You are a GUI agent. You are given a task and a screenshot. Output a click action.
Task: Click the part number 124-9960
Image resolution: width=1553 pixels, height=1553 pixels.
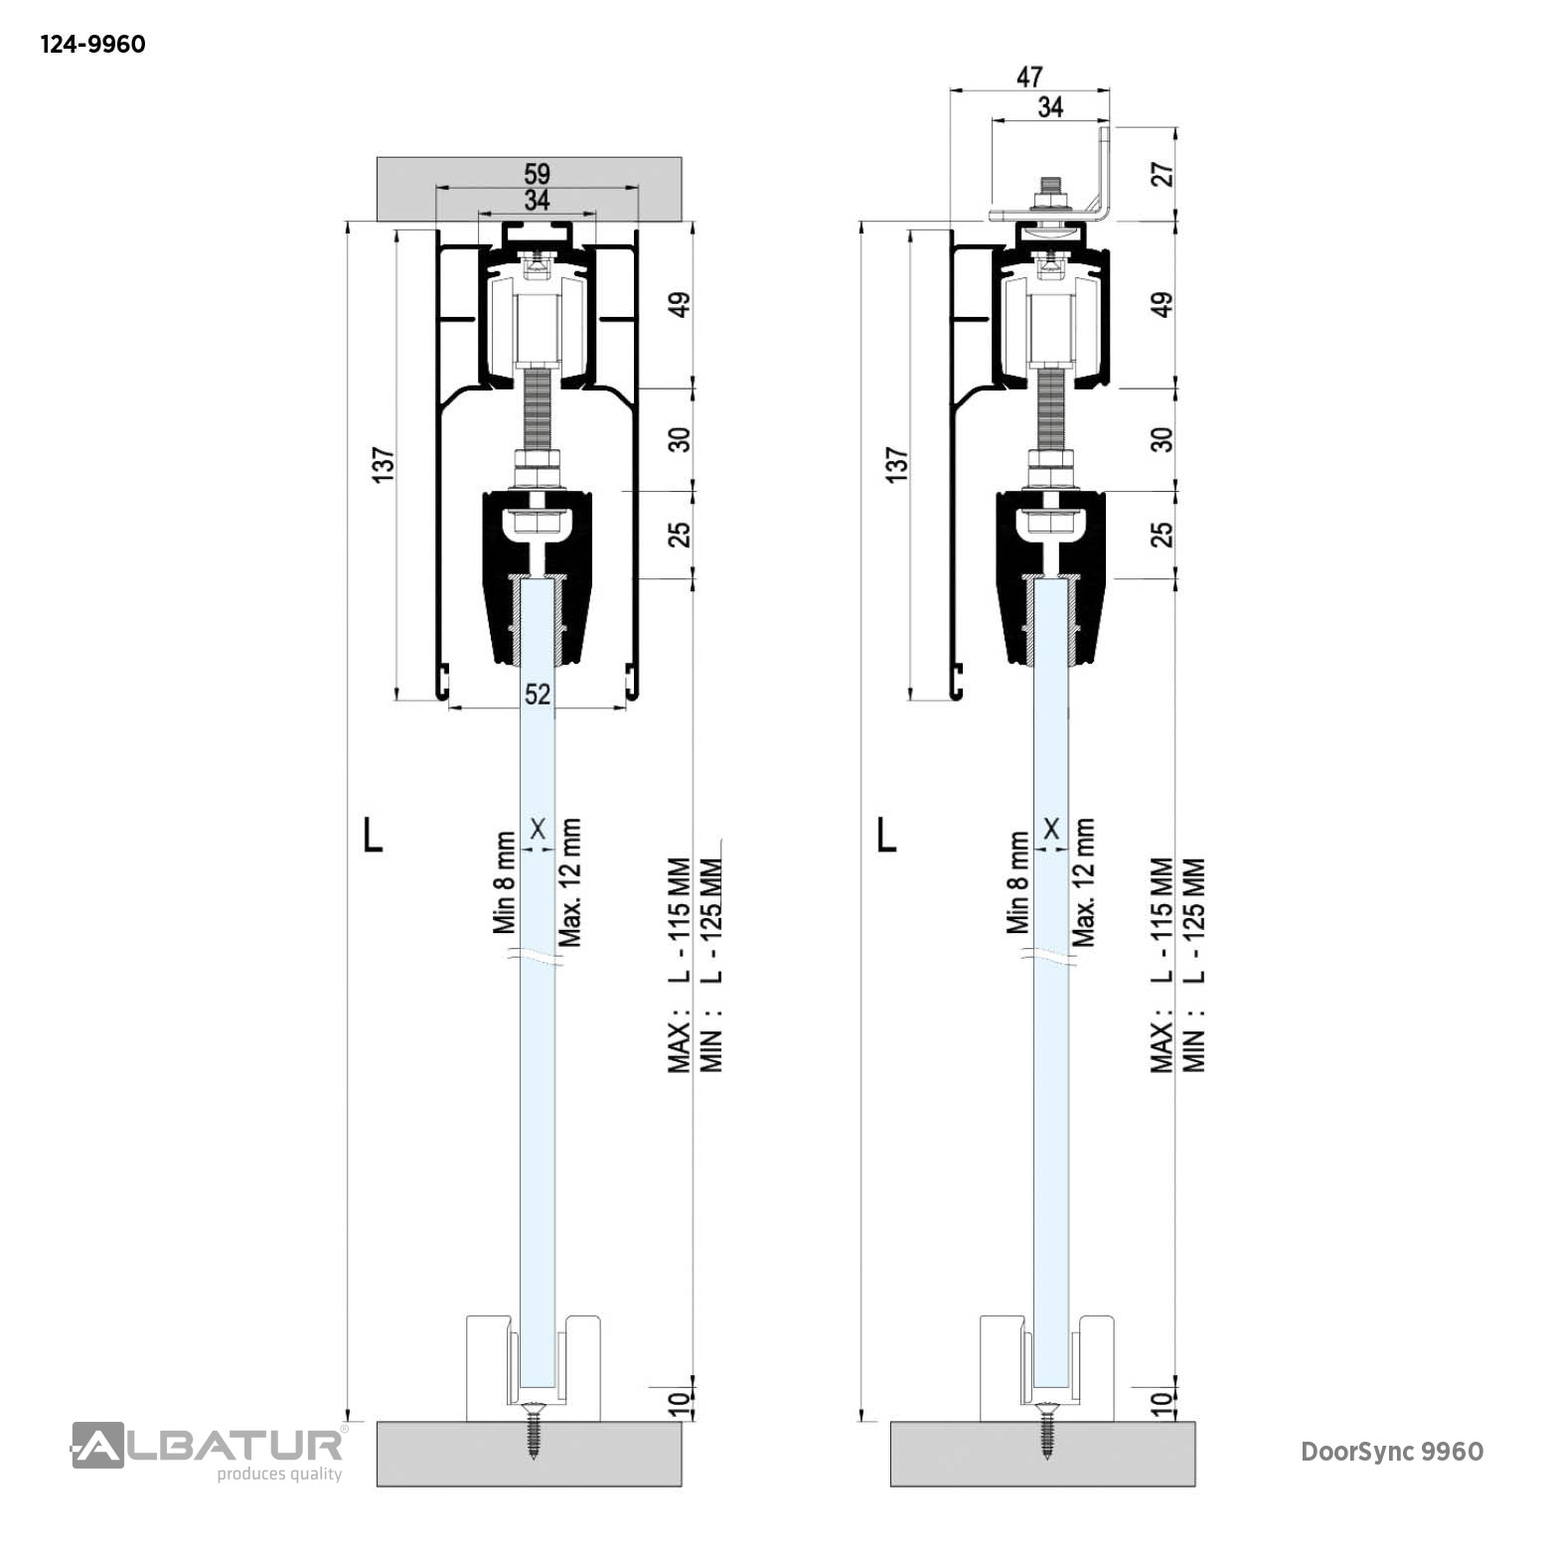tap(92, 45)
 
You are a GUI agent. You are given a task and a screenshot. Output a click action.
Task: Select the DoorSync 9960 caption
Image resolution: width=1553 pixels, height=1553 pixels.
tap(1392, 1452)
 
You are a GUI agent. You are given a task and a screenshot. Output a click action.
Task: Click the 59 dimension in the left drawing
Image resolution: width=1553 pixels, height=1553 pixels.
tap(537, 174)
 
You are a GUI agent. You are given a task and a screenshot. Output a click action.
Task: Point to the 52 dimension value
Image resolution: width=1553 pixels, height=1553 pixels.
tap(538, 694)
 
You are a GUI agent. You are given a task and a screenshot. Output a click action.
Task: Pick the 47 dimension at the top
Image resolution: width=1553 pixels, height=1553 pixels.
tap(1029, 77)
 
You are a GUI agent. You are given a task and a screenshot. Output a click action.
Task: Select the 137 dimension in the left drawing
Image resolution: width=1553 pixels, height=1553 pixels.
tap(383, 466)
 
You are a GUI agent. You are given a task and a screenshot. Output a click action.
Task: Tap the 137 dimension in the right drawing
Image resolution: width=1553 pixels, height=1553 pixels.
tap(896, 466)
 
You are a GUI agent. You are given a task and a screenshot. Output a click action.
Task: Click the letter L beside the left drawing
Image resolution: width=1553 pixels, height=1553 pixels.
tap(373, 836)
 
